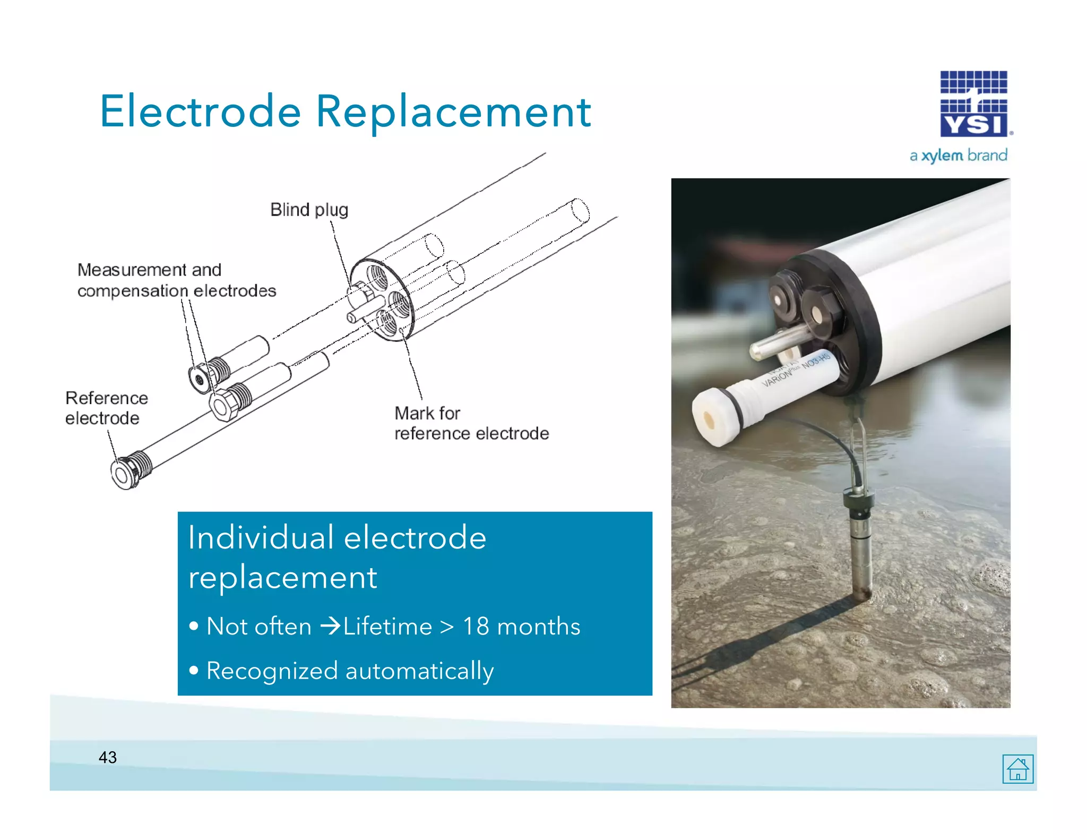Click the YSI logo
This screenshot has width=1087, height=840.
click(973, 104)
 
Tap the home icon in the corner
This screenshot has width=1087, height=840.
click(1017, 768)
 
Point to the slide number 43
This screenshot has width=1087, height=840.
click(108, 757)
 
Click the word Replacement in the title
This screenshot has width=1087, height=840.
click(453, 112)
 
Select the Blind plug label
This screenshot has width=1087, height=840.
click(309, 210)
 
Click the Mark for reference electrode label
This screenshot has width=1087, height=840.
click(471, 423)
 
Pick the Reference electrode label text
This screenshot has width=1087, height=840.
click(106, 408)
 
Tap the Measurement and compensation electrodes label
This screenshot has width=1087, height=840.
click(176, 280)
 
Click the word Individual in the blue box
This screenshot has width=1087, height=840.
click(261, 537)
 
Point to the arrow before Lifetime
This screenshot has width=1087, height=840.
click(330, 626)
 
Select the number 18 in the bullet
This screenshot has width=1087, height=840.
click(476, 627)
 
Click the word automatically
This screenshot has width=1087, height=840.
click(419, 671)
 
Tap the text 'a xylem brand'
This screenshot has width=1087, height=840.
click(958, 156)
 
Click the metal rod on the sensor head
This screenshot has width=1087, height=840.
click(775, 343)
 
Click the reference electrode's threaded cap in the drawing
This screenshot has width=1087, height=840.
click(130, 470)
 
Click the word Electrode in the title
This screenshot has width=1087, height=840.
click(201, 112)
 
